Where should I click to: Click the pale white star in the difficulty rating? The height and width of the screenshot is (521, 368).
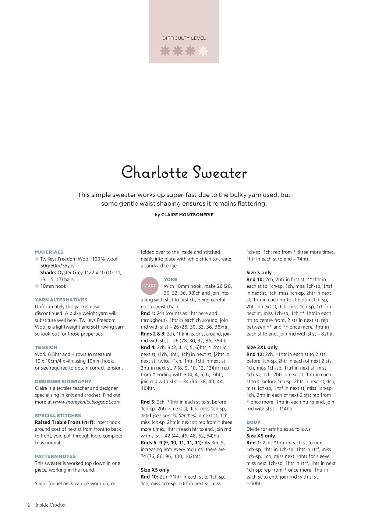(203, 51)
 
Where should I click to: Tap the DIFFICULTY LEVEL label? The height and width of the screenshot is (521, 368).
(184, 38)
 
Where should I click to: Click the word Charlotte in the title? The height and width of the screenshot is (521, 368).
(155, 172)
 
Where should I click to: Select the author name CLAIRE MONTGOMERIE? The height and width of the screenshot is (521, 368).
(187, 215)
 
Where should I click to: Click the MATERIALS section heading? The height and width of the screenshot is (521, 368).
(49, 252)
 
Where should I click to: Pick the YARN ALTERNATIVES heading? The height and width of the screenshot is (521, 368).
(61, 300)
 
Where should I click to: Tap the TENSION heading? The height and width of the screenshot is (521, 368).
(46, 347)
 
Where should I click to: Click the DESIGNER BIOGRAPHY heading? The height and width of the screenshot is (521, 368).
(63, 382)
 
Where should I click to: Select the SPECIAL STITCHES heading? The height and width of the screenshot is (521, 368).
(58, 416)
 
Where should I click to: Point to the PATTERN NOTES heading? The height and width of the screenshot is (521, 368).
(55, 457)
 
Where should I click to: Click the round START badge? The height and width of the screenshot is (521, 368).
(149, 286)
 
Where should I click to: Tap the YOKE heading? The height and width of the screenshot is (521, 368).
(170, 280)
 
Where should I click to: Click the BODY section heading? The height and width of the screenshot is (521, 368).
(253, 422)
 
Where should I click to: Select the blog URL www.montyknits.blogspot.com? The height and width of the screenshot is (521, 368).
(87, 402)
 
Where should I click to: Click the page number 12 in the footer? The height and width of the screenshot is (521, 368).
(28, 505)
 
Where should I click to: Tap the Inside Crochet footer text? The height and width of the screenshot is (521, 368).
(50, 505)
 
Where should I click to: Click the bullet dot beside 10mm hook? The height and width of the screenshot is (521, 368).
(37, 286)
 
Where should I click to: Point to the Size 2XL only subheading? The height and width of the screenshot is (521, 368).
(262, 347)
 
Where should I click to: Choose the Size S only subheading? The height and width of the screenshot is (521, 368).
(259, 273)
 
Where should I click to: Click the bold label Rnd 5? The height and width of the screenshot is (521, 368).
(148, 402)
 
